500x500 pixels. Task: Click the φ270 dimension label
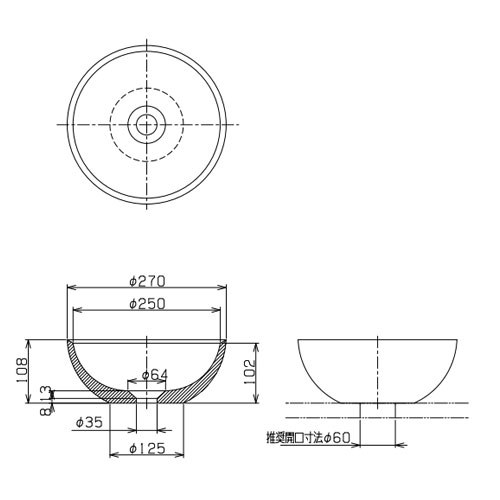(146, 280)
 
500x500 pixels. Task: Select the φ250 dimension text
(146, 303)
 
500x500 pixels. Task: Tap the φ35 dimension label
(89, 423)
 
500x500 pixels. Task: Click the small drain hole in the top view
(147, 124)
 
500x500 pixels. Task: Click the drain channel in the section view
(147, 396)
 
